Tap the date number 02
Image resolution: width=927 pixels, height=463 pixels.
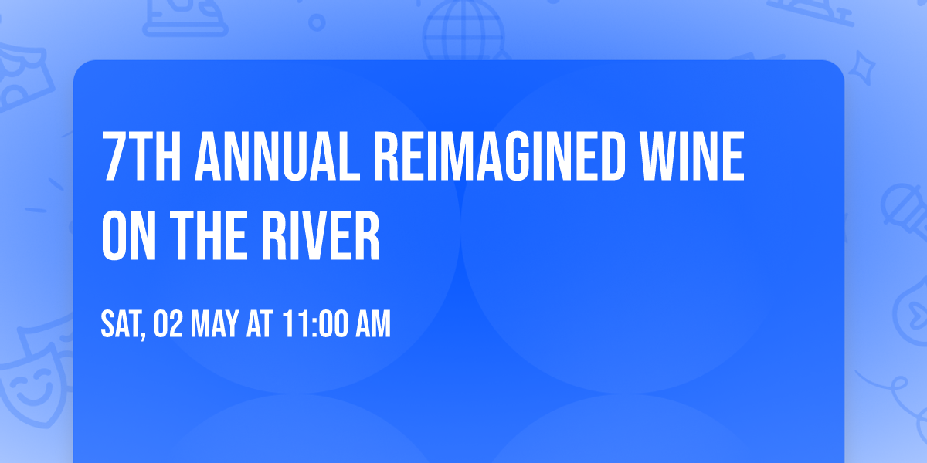click(167, 325)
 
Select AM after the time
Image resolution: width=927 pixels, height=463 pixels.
click(372, 325)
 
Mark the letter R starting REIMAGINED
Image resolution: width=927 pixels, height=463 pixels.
click(386, 157)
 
